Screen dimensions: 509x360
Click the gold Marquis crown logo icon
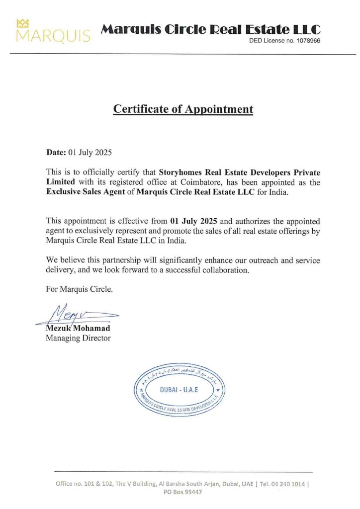pos(23,23)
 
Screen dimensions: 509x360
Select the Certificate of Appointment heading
pos(183,109)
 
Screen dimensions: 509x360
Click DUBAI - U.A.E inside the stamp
pos(179,389)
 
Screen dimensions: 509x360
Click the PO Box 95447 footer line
pos(183,492)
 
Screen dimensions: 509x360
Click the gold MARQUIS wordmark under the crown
pos(53,36)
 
